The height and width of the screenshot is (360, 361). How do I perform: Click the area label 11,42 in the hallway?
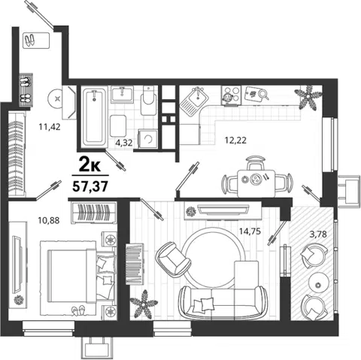50,127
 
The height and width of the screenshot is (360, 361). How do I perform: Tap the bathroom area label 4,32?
124,143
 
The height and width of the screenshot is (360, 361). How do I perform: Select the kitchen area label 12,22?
235,141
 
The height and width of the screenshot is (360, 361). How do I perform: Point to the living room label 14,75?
250,231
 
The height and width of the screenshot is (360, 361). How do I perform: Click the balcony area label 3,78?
318,234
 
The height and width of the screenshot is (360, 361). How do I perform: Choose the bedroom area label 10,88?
49,220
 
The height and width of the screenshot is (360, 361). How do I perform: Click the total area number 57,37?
90,186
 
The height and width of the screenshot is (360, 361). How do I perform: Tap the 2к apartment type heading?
89,165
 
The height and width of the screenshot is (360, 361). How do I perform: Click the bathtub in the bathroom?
94,117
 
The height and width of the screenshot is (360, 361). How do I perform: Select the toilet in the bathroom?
149,101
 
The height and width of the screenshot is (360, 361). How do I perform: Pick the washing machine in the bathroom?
148,139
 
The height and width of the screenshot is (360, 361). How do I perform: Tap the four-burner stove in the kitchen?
231,95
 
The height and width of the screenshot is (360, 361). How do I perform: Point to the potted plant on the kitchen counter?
308,98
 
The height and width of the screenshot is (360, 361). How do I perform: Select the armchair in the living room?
173,259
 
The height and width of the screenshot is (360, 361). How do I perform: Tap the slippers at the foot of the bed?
78,310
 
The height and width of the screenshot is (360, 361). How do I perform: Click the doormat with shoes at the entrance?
37,41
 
